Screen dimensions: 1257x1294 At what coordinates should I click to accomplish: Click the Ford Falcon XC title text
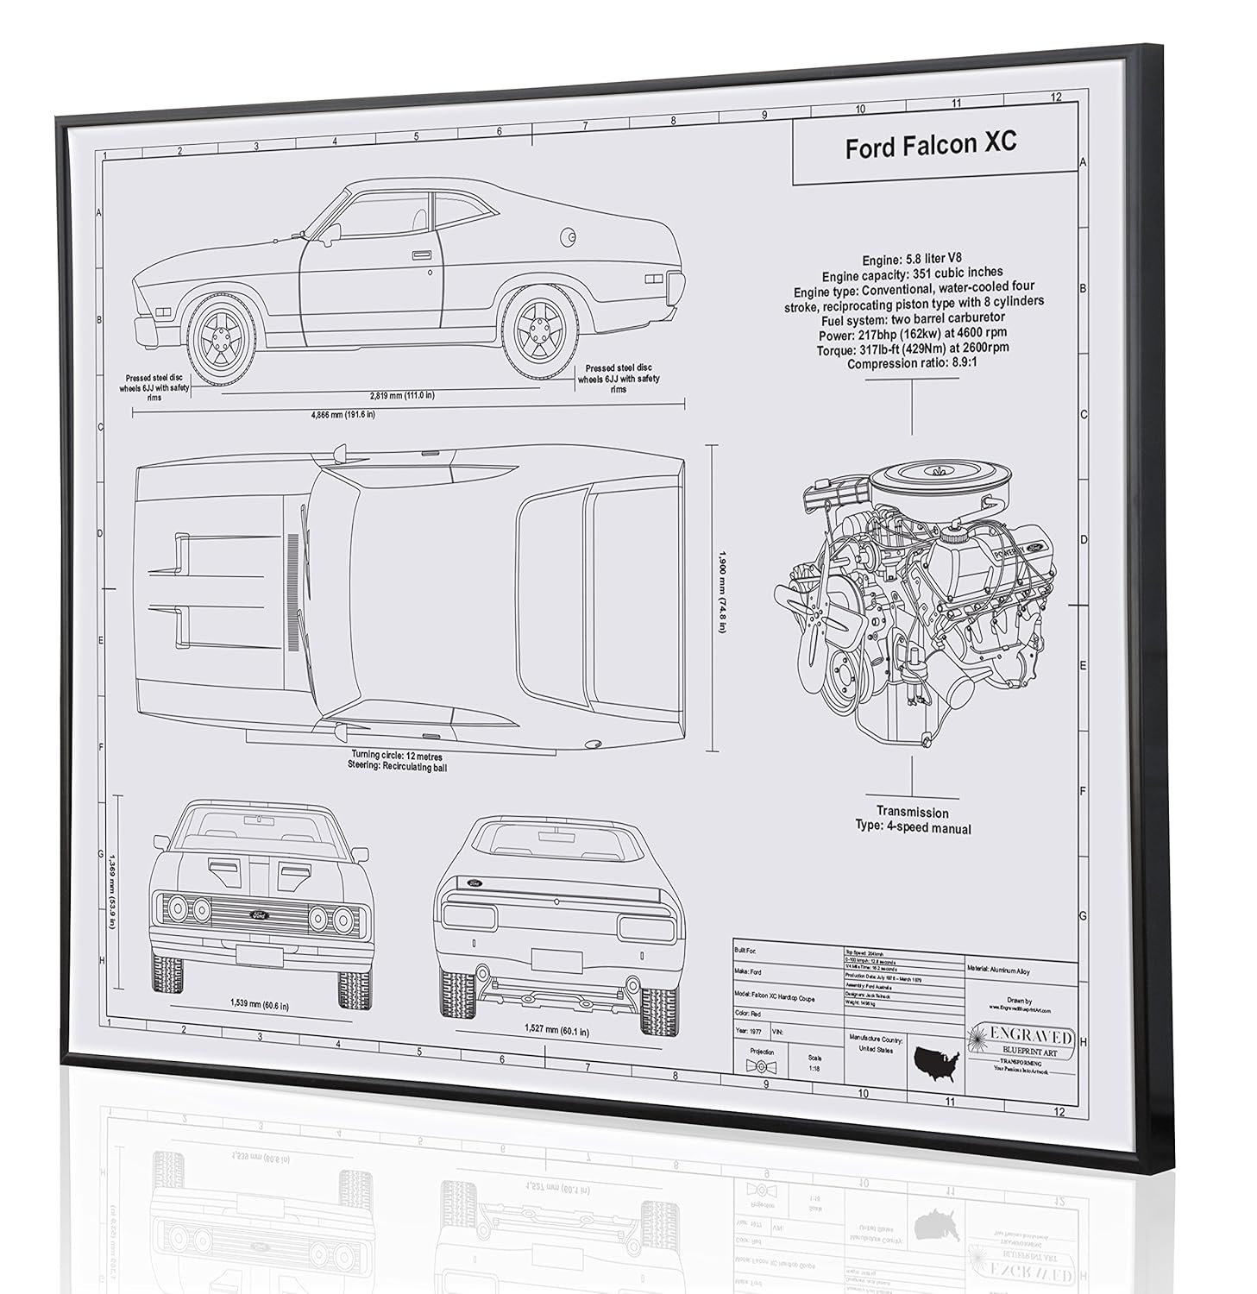930,145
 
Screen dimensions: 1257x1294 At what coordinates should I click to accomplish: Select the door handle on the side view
422,255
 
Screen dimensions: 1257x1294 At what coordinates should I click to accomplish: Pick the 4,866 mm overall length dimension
343,414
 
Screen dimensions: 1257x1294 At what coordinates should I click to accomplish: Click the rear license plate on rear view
556,960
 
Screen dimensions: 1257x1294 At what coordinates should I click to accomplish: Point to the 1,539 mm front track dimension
259,1005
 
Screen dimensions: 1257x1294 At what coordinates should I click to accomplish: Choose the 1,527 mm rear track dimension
556,1030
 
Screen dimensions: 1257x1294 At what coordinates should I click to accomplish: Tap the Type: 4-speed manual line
913,828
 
